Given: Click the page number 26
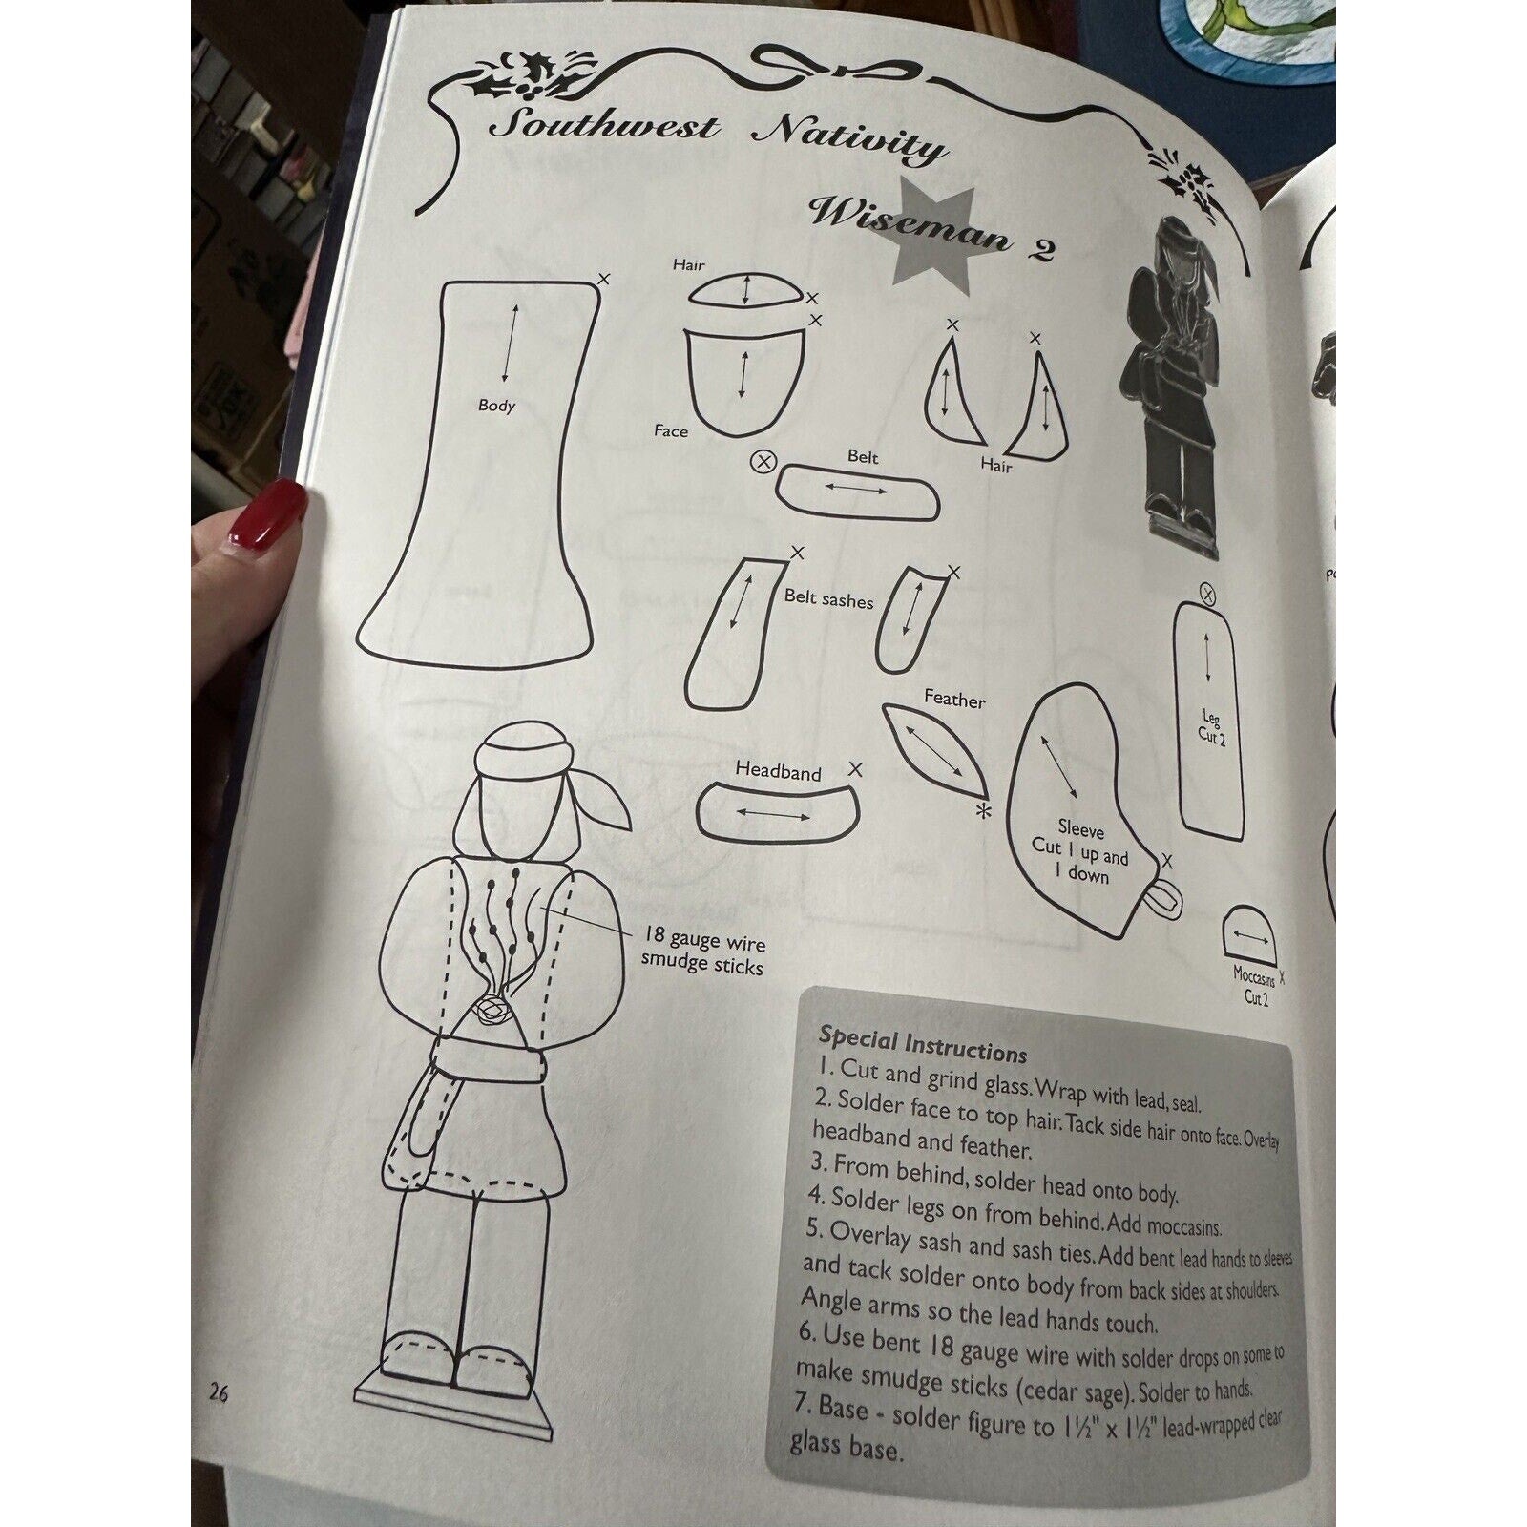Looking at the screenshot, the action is (x=219, y=1393).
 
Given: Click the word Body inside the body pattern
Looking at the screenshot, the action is (x=496, y=406).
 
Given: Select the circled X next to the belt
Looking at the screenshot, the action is (x=763, y=463).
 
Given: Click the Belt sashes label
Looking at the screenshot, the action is (x=828, y=598).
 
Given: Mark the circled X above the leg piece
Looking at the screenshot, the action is (x=1207, y=596).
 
